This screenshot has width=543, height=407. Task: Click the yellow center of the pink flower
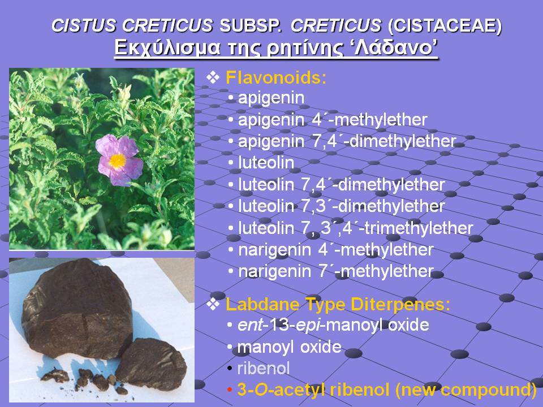(118, 161)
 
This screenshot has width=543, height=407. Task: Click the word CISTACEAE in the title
(445, 25)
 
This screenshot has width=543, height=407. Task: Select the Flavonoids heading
(275, 77)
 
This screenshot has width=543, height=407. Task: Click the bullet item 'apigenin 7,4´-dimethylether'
(347, 141)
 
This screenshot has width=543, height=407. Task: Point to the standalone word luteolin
(266, 163)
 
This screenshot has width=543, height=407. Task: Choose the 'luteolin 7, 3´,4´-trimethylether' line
(356, 228)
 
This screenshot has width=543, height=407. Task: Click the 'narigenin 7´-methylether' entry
(336, 271)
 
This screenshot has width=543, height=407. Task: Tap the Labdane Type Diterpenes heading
(338, 305)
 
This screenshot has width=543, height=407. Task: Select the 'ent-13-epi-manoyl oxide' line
(333, 325)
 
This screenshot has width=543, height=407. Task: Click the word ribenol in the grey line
(263, 368)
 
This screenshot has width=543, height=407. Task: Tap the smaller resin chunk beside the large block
(152, 363)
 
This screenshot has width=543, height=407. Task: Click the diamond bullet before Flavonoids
(213, 77)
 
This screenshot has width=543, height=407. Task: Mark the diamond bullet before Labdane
(213, 304)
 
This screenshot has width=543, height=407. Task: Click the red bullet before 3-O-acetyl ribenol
(229, 390)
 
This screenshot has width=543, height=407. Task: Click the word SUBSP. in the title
(251, 25)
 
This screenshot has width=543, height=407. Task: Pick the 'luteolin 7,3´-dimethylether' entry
(342, 206)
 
